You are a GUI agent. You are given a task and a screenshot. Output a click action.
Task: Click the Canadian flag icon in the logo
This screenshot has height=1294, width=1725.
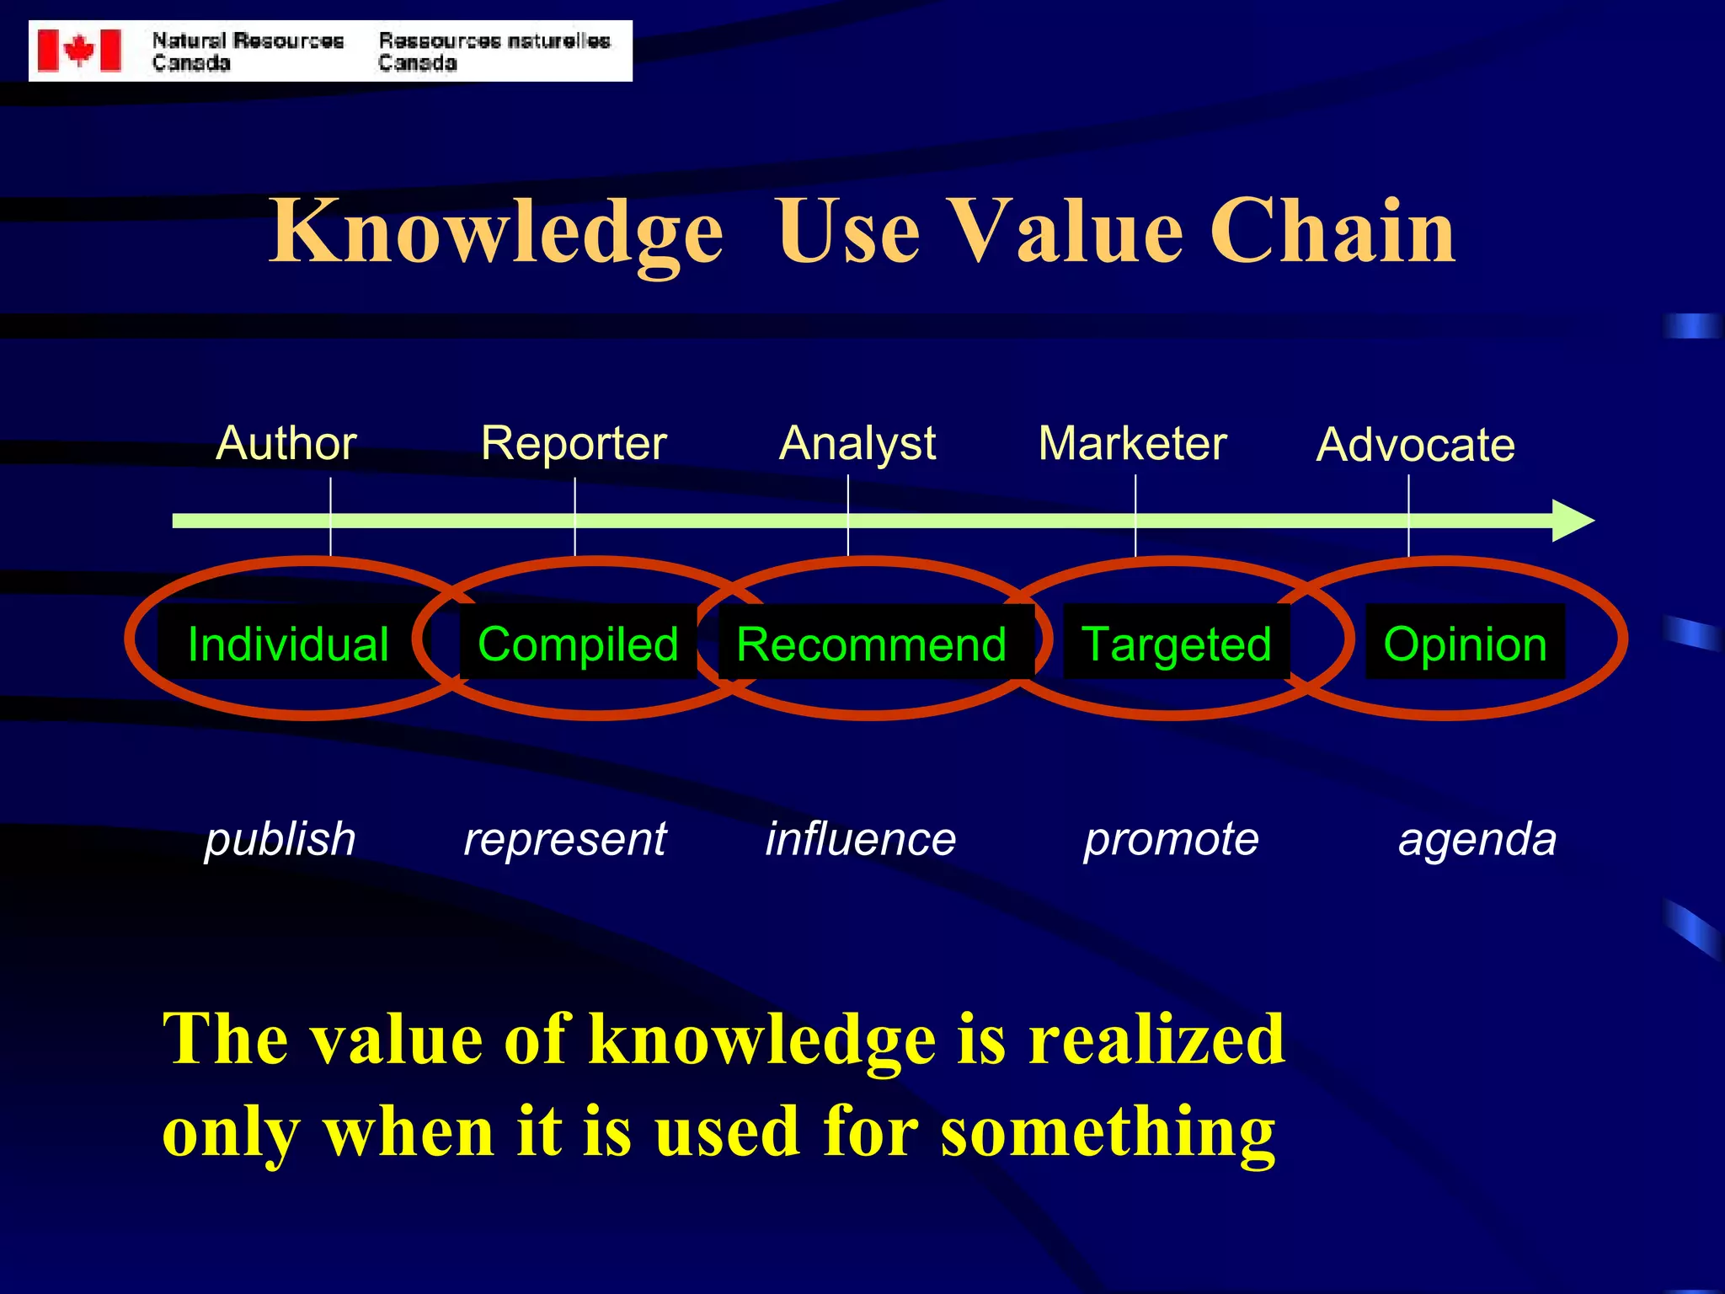point(79,51)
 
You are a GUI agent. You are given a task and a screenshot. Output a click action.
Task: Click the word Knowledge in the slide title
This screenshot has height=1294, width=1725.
point(495,232)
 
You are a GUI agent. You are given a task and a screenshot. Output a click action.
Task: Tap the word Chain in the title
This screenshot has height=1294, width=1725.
point(1332,232)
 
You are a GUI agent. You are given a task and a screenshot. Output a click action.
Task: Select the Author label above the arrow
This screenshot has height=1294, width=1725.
point(286,443)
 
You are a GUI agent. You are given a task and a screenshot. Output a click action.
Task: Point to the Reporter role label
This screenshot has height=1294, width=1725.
point(574,443)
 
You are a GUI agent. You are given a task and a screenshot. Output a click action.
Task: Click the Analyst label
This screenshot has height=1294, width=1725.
point(857,443)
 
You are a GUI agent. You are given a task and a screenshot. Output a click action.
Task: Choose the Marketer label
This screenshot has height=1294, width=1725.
point(1132,443)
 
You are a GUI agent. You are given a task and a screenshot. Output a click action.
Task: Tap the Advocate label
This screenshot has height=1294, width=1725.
point(1415,445)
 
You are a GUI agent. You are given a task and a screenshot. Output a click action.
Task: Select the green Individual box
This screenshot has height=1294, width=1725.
point(288,644)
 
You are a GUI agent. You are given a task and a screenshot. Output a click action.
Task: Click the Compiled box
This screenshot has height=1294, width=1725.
point(578,644)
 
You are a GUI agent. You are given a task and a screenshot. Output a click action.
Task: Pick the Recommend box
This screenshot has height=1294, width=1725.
point(872,644)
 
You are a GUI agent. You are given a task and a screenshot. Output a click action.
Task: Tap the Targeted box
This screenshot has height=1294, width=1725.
point(1176,644)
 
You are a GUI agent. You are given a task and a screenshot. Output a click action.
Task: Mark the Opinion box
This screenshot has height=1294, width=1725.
point(1465,644)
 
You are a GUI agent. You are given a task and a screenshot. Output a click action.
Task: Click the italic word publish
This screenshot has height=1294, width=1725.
point(280,840)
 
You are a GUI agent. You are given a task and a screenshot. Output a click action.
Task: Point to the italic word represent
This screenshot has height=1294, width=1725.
point(565,840)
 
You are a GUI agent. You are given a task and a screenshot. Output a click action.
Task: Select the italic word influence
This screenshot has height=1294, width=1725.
point(861,840)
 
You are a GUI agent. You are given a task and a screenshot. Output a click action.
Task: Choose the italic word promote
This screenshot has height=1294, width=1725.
point(1171,840)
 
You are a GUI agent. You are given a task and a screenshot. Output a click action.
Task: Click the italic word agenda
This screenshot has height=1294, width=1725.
point(1477,840)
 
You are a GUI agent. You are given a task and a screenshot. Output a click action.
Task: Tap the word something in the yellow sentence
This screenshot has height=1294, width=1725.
point(1108,1132)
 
